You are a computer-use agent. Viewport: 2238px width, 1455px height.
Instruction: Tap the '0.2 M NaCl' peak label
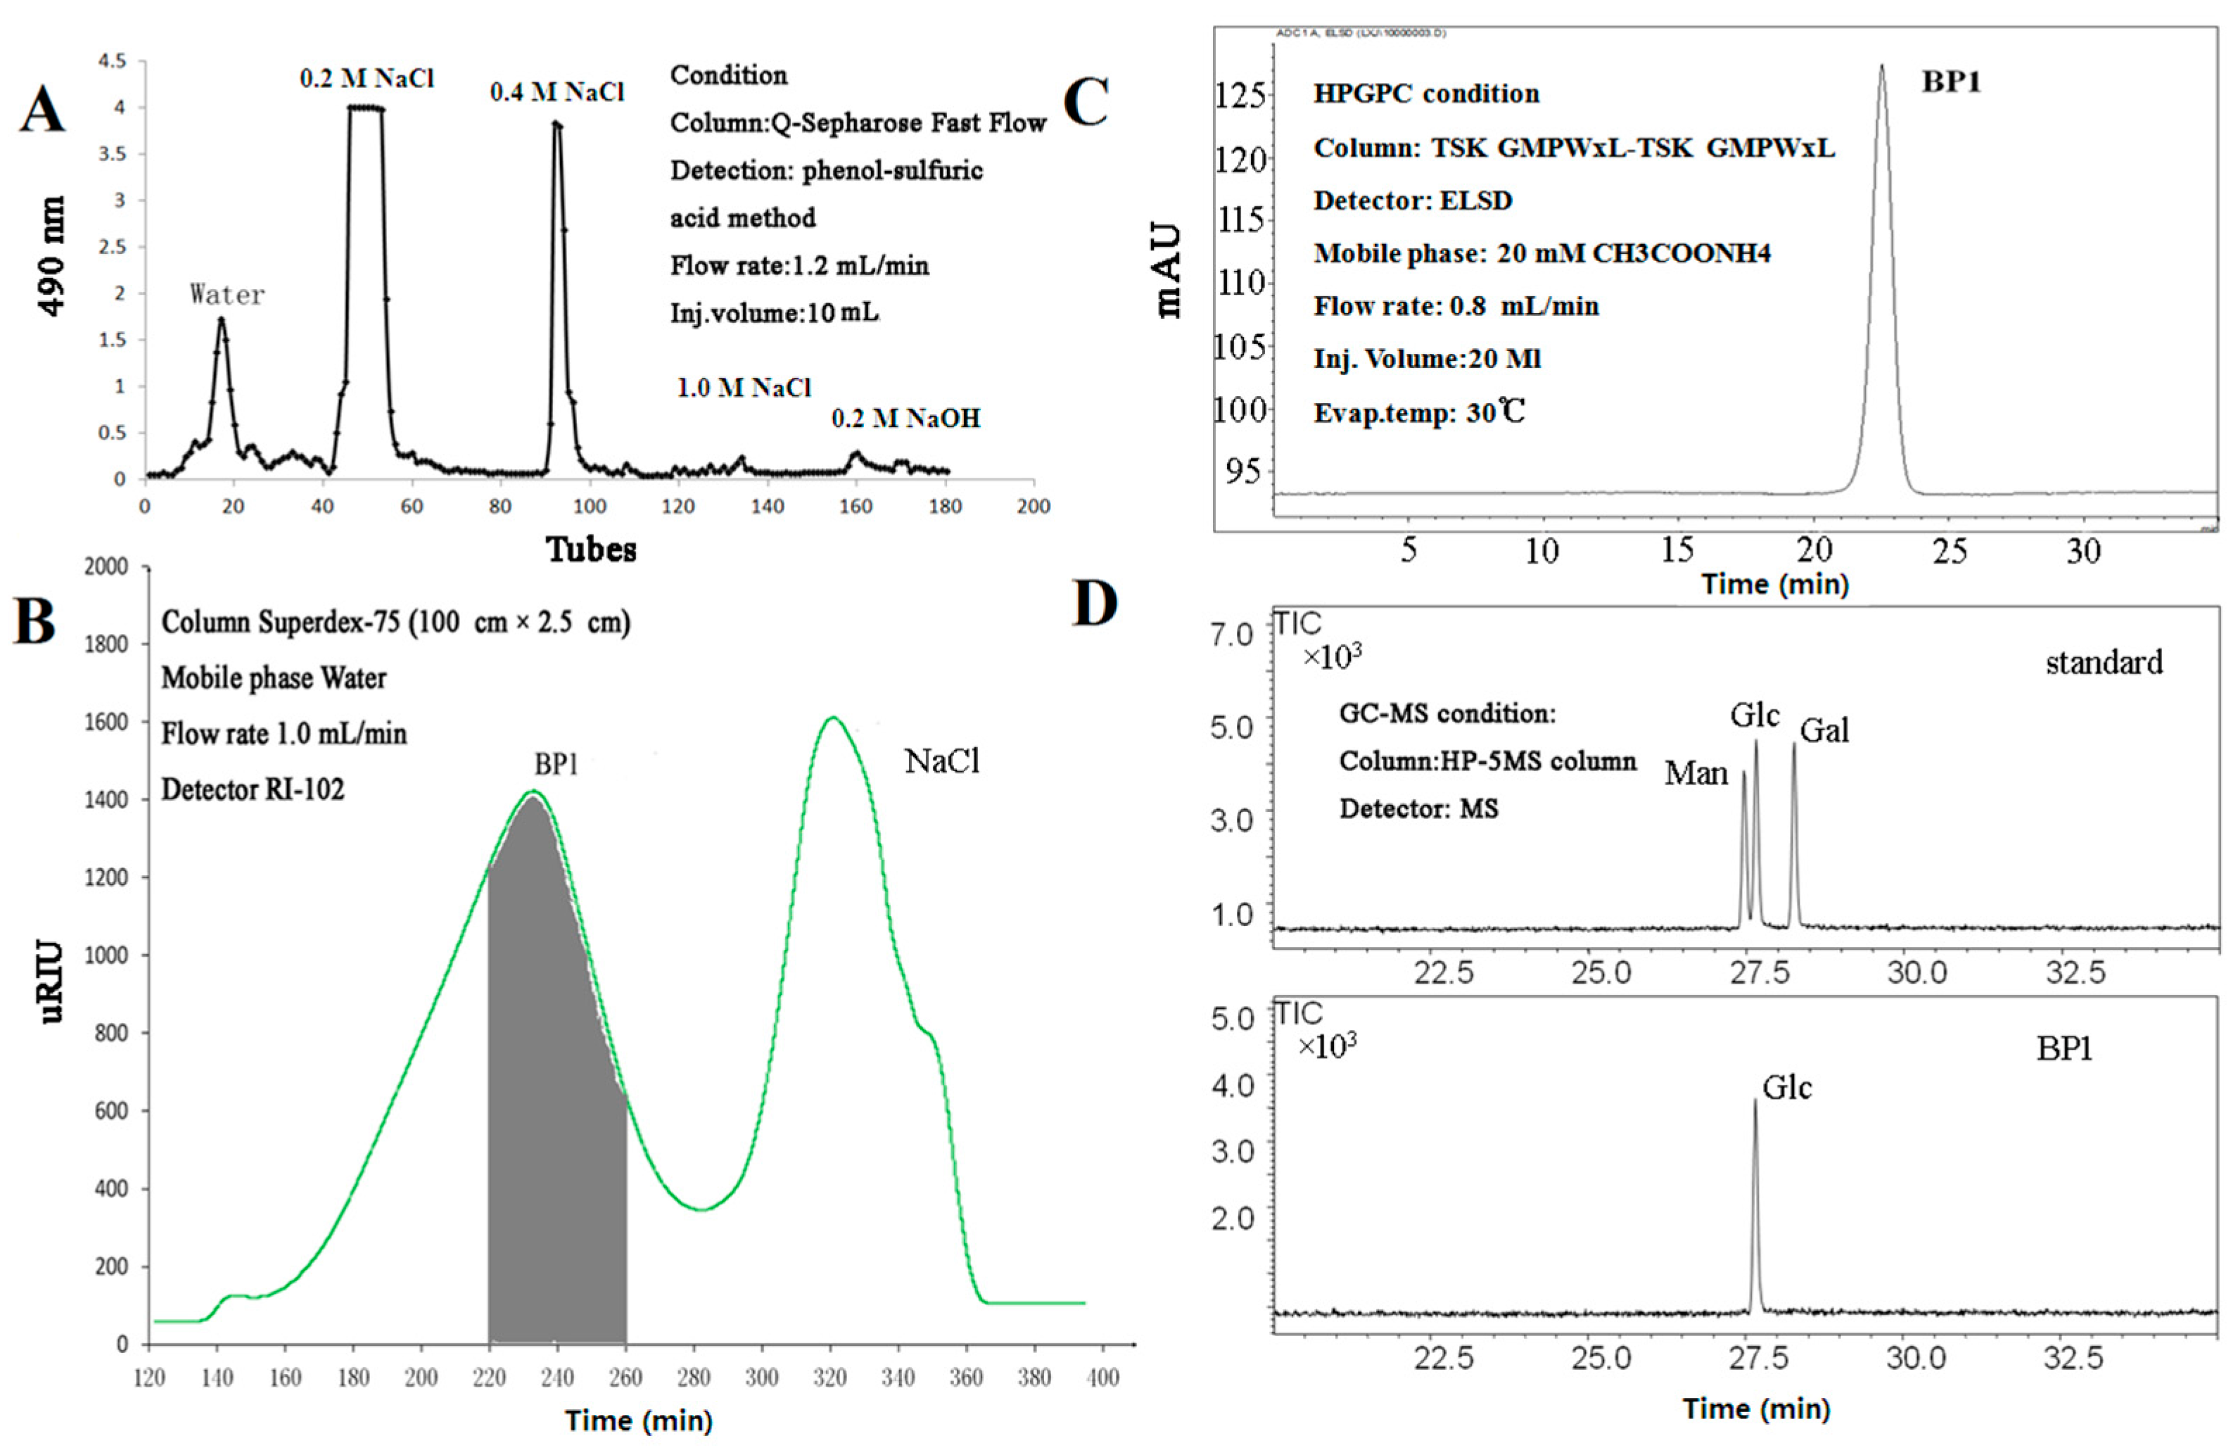pyautogui.click(x=367, y=78)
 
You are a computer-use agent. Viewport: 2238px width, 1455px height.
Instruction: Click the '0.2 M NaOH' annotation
pyautogui.click(x=905, y=419)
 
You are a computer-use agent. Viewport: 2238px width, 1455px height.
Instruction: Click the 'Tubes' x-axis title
pyautogui.click(x=592, y=549)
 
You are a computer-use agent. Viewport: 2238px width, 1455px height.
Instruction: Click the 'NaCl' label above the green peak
pyautogui.click(x=941, y=762)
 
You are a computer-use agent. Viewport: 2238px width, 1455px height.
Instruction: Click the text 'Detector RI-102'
pyautogui.click(x=253, y=789)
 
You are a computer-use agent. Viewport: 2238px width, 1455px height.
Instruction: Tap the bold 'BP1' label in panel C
pyautogui.click(x=1950, y=83)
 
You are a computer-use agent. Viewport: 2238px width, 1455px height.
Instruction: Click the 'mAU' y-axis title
pyautogui.click(x=1168, y=271)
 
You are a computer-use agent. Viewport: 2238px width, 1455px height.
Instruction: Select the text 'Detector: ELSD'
pyautogui.click(x=1413, y=201)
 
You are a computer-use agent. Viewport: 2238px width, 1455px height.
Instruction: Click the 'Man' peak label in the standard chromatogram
pyautogui.click(x=1696, y=774)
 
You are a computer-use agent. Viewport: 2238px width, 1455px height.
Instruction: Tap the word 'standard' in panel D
pyautogui.click(x=2104, y=663)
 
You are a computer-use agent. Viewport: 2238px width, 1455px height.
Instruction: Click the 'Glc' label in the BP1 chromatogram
pyautogui.click(x=1786, y=1088)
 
